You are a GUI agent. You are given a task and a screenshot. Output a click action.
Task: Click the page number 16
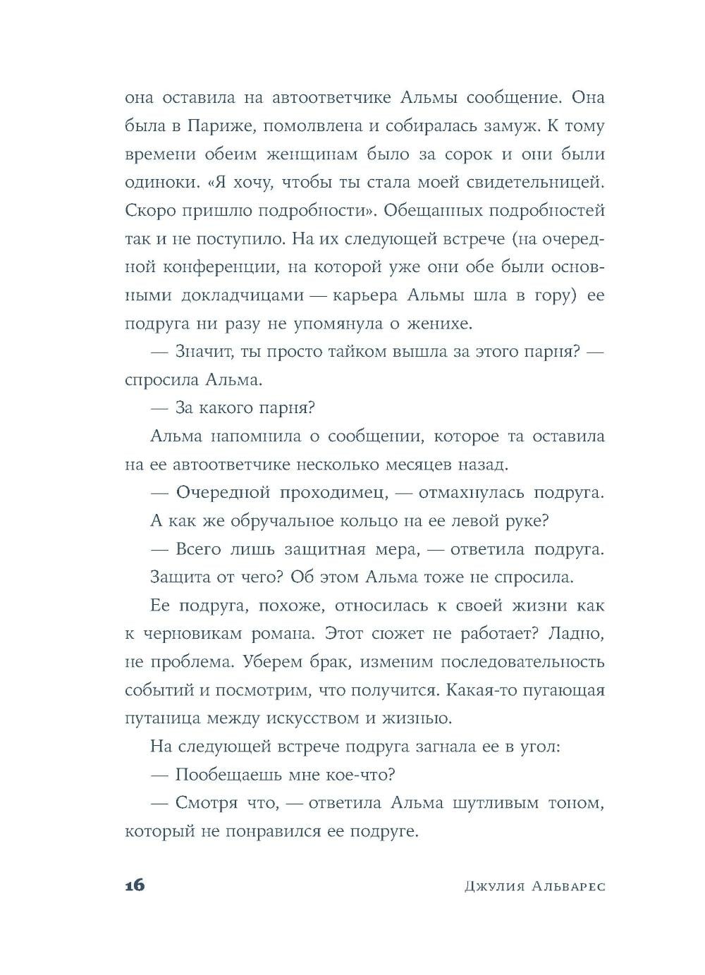(x=135, y=885)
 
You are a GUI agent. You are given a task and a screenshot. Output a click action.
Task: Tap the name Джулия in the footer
(x=493, y=886)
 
